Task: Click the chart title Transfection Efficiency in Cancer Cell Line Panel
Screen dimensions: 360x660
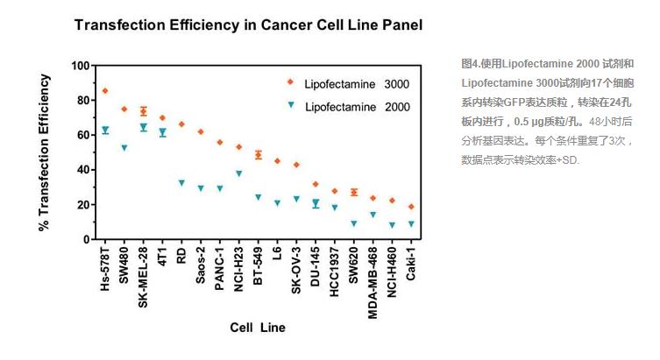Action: [248, 25]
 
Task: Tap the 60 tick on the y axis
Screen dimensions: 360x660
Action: [83, 135]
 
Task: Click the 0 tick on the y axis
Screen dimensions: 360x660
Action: [87, 239]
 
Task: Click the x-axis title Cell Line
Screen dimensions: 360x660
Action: [258, 327]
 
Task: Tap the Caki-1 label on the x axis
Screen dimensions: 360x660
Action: [411, 264]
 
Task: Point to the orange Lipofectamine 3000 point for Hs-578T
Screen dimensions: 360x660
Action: [105, 91]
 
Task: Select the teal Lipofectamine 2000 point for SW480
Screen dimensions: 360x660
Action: [124, 148]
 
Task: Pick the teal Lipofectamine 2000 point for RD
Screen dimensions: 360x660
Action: [181, 183]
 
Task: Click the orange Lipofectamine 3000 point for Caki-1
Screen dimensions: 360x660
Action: [411, 207]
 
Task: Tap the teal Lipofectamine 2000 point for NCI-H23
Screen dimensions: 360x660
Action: [238, 173]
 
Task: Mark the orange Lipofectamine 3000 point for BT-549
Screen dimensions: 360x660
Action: [258, 155]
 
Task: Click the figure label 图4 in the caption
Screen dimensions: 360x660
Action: [470, 64]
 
